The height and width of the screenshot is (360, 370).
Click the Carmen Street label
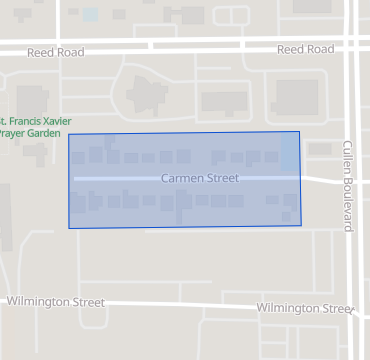click(199, 178)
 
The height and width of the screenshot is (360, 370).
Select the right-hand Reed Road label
click(305, 49)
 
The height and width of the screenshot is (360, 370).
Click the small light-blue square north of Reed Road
click(92, 15)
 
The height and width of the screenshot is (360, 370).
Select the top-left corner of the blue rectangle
click(68, 134)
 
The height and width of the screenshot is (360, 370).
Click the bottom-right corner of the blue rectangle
click(301, 225)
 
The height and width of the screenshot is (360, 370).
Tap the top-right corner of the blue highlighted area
click(299, 132)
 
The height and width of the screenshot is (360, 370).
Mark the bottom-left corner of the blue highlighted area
click(69, 228)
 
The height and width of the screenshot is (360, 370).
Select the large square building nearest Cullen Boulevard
click(296, 98)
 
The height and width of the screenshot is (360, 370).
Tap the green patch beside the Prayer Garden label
click(38, 152)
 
